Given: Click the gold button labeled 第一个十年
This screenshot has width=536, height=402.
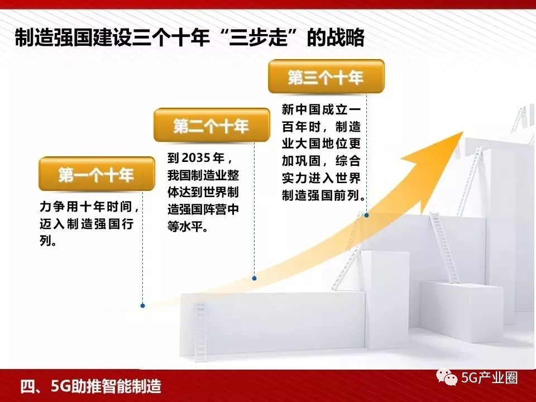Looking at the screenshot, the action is coord(97,174).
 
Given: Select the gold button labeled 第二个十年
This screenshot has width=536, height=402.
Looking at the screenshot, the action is coord(212,125).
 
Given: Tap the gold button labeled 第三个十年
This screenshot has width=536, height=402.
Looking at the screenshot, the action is coord(326,76).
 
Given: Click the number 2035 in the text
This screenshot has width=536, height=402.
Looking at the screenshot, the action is coord(196,158).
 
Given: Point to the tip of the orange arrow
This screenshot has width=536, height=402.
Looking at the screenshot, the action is coord(463,132).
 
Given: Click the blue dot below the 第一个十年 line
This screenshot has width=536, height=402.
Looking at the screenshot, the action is coord(142,305).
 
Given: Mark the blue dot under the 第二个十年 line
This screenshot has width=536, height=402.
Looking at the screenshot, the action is coord(254,278).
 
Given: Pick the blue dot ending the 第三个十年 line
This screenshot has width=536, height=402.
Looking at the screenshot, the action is coord(366,215).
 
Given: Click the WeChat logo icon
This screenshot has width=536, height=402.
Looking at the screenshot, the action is coord(447,377).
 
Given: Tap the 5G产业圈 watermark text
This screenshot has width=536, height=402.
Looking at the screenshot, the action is coord(490,378).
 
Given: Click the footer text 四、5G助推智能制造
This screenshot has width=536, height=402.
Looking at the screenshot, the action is coord(91,386).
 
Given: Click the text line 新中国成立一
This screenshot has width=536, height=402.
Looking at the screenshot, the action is coord(322,110).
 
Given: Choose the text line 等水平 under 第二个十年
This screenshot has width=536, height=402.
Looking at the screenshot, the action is coord(188,226).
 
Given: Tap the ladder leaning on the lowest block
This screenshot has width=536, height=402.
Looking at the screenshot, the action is coord(200,332).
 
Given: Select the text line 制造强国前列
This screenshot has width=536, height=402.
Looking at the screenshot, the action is coord(323,195).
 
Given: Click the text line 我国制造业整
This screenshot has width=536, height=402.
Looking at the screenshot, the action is coord(203,175).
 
